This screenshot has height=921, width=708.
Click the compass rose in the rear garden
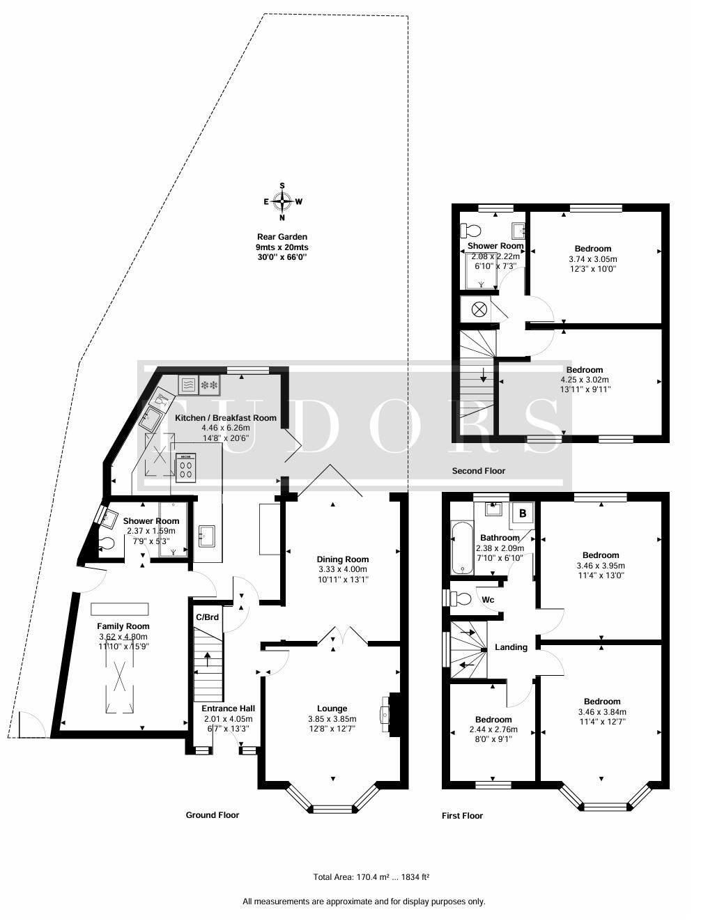tap(282, 202)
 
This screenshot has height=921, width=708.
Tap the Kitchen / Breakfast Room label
tap(226, 418)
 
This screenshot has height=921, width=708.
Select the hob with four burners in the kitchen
tap(186, 468)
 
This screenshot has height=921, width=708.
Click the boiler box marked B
tap(523, 513)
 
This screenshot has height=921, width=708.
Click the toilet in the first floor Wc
tap(460, 599)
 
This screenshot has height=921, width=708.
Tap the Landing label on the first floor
tap(511, 647)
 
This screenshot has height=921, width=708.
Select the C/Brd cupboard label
tap(207, 617)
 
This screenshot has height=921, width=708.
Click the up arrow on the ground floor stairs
tap(207, 660)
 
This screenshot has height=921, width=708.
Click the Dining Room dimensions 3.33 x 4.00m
tap(343, 569)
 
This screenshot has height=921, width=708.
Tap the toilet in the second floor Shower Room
tap(471, 231)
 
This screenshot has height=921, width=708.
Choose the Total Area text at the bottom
tap(371, 877)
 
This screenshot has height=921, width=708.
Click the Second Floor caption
tap(479, 470)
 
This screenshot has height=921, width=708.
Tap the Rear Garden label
tap(282, 237)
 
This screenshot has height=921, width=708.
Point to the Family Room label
tap(123, 626)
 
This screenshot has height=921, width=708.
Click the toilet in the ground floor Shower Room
tap(106, 543)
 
